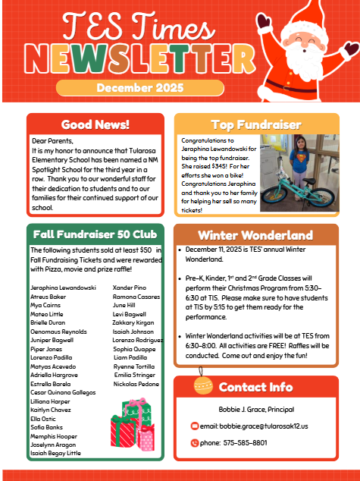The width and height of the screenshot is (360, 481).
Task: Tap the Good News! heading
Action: (95, 124)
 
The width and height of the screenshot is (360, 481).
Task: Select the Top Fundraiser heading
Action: (256, 124)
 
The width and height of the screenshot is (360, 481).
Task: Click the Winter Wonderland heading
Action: (255, 234)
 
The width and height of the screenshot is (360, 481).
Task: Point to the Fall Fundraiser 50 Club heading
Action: (95, 234)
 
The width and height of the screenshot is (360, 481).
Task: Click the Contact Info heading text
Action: (255, 387)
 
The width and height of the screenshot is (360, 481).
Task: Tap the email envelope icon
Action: (195, 426)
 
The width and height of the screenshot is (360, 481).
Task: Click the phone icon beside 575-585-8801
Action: (195, 442)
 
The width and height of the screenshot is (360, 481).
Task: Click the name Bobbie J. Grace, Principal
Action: (255, 410)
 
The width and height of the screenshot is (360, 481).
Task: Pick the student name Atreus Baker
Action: (49, 296)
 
